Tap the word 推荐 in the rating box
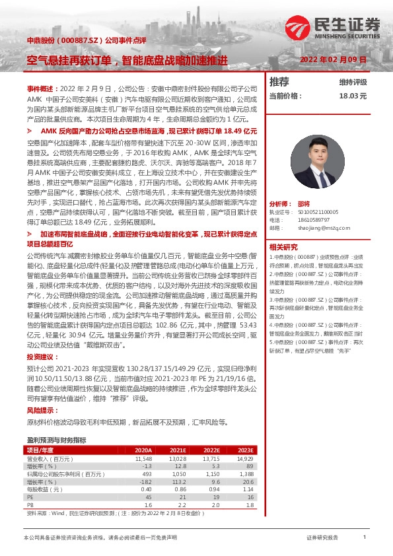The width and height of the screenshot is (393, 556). click(280, 82)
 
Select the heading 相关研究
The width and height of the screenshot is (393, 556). click(283, 246)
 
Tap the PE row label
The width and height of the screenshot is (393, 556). click(30, 497)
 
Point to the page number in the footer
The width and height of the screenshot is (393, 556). click(364, 537)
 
